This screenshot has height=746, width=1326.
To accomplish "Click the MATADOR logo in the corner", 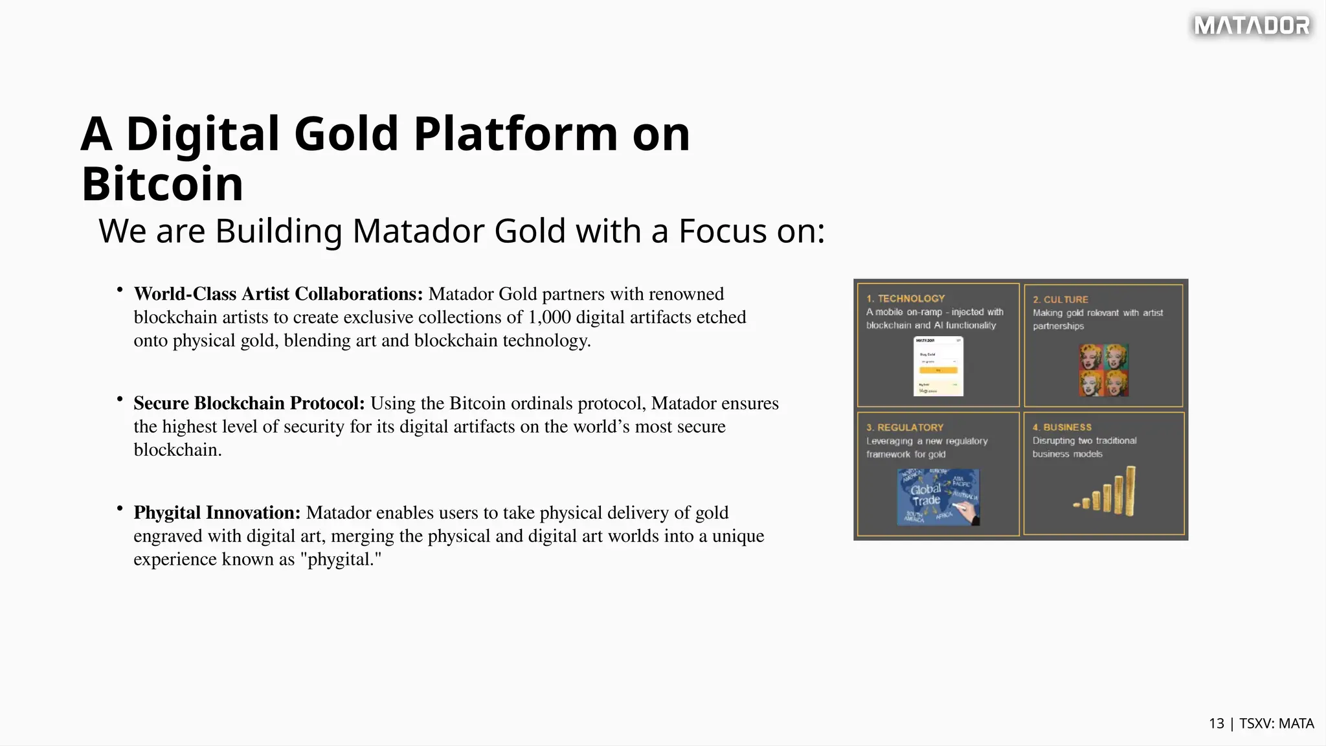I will click(x=1252, y=26).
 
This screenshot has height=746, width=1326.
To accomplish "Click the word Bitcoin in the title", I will click(x=163, y=184).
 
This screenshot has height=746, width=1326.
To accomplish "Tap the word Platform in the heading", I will click(x=515, y=134).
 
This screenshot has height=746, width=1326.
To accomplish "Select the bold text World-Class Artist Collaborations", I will click(x=278, y=294).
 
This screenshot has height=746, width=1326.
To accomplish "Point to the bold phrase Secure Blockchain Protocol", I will click(x=249, y=403).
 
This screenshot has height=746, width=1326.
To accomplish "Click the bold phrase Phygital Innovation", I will click(x=217, y=513).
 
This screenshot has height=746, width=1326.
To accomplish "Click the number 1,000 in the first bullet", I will click(x=549, y=317).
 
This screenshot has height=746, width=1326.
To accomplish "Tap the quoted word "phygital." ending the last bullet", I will click(x=341, y=559).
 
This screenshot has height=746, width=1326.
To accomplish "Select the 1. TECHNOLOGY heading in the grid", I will click(x=905, y=299).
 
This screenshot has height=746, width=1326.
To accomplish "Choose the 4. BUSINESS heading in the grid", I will click(x=1062, y=427).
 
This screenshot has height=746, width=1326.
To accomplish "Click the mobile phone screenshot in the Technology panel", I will click(x=938, y=367).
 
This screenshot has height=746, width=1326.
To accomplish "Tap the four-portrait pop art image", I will click(x=1103, y=370).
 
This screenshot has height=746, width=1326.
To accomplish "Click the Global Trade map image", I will click(x=938, y=497).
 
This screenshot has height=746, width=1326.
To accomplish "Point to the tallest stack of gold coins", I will click(x=1130, y=490).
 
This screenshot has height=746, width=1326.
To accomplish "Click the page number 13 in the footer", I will click(x=1216, y=724).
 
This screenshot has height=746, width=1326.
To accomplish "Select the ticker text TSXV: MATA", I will click(x=1276, y=724).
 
